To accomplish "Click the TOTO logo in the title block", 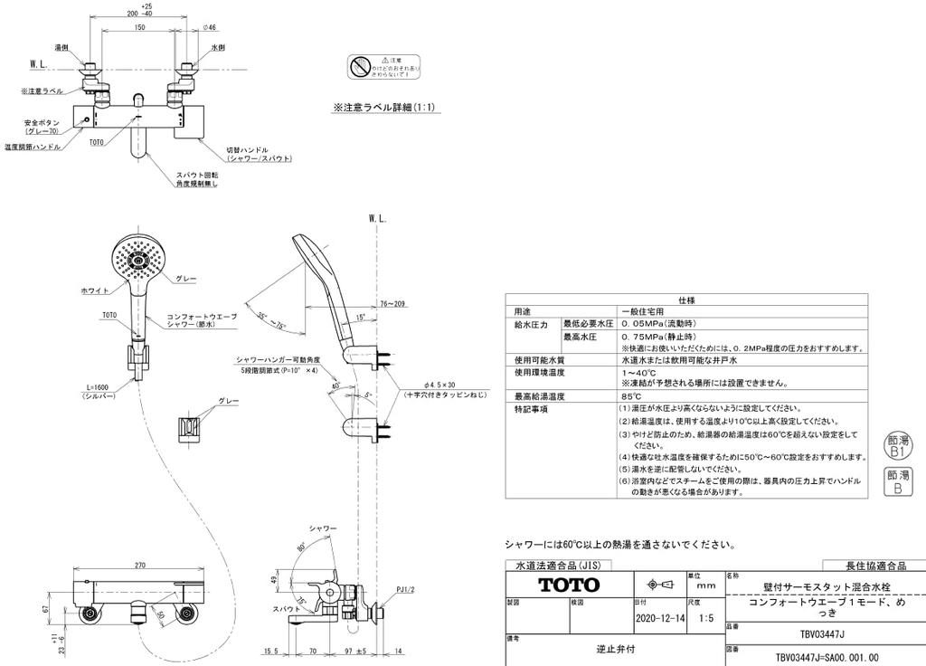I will [x=569, y=585].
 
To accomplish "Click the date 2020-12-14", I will [x=660, y=620].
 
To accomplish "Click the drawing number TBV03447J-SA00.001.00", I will [x=827, y=659].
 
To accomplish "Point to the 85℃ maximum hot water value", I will [x=631, y=396].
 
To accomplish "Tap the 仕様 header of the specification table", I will [x=685, y=299].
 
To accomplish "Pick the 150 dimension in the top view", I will [x=139, y=28].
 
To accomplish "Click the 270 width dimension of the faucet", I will [x=139, y=565].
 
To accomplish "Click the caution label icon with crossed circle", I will [x=360, y=67].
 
